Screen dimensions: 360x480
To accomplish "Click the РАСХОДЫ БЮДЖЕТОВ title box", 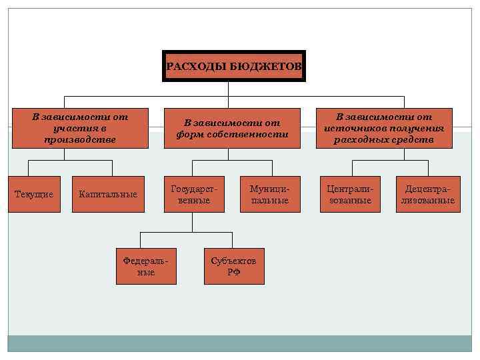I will point(233,66).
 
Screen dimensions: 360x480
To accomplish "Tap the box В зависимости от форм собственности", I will point(233,127).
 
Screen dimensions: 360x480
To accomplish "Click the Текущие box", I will point(33,194).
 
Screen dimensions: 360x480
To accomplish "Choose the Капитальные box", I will point(107,194).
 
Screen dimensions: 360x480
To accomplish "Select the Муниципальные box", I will point(270,194).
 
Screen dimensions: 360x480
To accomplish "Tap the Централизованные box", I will point(350,194).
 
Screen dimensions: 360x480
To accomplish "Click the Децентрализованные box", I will point(427,194).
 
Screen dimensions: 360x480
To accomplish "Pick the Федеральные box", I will point(146,266).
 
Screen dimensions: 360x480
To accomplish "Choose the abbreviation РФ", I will point(233,272).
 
